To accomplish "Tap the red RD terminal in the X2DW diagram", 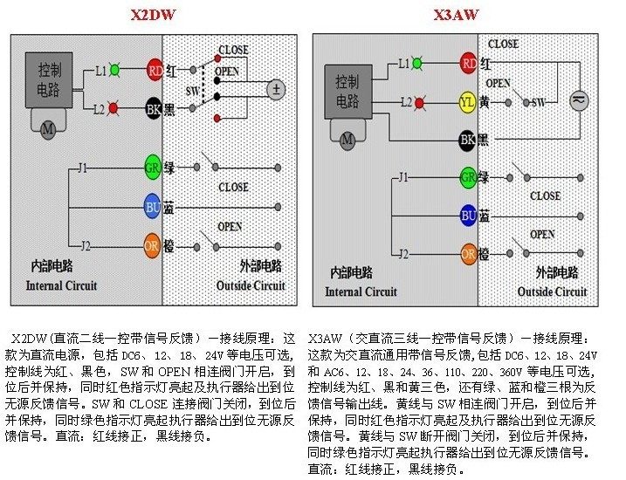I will (155, 69).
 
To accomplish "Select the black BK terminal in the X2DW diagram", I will (155, 109).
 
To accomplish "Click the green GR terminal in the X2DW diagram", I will (154, 166).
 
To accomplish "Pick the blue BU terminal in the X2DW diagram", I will (154, 207).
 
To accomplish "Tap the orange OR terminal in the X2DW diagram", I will (154, 246).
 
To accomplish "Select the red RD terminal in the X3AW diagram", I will (468, 63).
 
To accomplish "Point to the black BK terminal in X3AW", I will (468, 139).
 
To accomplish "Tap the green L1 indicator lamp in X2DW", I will (115, 69).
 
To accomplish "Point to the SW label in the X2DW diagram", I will (193, 90).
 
